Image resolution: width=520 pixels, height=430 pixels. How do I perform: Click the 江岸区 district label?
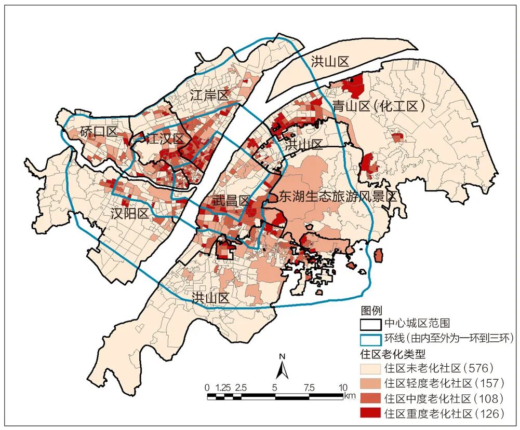coord(209,95)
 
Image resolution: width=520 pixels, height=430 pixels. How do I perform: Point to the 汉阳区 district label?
coord(130,213)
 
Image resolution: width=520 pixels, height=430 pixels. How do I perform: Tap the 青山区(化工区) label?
coord(379,106)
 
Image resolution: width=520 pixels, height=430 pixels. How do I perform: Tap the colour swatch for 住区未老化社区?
coord(371,369)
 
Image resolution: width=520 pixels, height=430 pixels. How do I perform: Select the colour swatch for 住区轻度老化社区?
coord(371,383)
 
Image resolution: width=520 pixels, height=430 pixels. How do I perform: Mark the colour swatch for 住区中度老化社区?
coord(371,398)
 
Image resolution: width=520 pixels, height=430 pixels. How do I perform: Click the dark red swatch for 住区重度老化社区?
coord(371,413)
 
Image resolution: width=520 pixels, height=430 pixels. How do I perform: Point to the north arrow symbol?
coord(282,367)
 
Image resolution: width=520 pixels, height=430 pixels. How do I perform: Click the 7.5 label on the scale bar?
coord(309,387)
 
